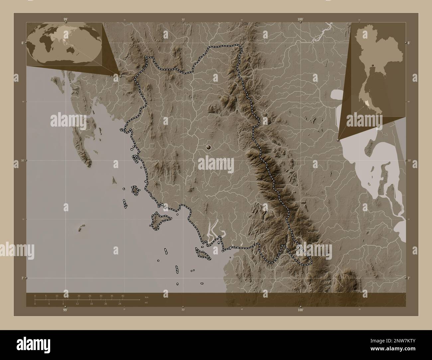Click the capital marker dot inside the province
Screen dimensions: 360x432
pyautogui.click(x=209, y=147)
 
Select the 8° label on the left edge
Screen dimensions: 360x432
pyautogui.click(x=23, y=43)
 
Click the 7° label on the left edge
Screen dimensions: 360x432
pyautogui.click(x=23, y=278)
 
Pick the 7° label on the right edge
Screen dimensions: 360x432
pyautogui.click(x=409, y=278)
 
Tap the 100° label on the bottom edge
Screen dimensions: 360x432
pyautogui.click(x=300, y=310)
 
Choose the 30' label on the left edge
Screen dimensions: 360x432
pyautogui.click(x=23, y=160)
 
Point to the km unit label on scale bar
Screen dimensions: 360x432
pyautogui.click(x=146, y=296)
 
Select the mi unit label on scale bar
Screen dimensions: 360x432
pyautogui.click(x=146, y=303)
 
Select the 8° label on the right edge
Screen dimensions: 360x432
pyautogui.click(x=409, y=43)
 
